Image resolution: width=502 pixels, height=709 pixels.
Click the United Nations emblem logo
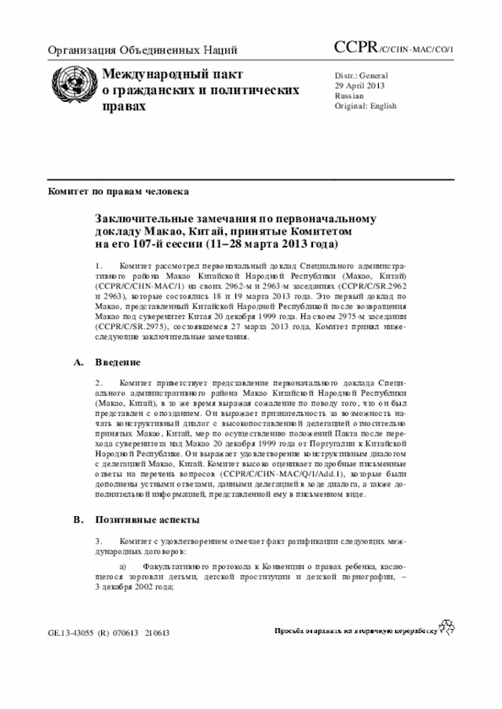[71, 85]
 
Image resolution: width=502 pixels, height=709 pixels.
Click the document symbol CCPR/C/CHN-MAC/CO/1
[394, 49]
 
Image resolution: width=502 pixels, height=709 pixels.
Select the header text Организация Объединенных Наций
[143, 51]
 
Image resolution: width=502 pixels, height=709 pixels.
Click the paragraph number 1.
[99, 267]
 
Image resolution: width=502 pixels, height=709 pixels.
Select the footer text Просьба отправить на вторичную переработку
[354, 631]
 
